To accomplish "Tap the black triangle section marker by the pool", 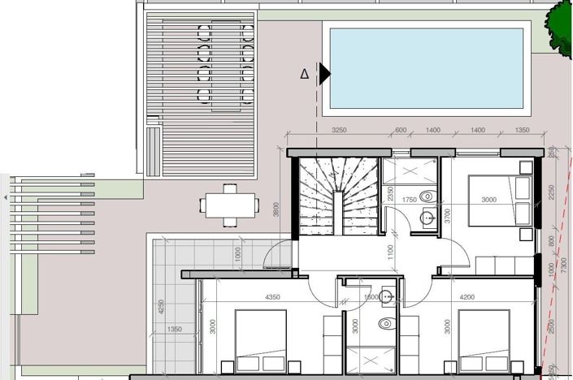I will (x=324, y=74).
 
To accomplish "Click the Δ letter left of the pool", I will (x=305, y=74).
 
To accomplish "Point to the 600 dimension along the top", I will (x=401, y=130).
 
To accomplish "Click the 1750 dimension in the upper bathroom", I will (x=409, y=200).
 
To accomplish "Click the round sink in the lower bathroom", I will (x=388, y=296).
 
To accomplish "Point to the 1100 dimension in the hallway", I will (x=390, y=253).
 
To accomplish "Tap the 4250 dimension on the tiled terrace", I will (x=162, y=308).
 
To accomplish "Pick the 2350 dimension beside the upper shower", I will (x=390, y=193).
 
